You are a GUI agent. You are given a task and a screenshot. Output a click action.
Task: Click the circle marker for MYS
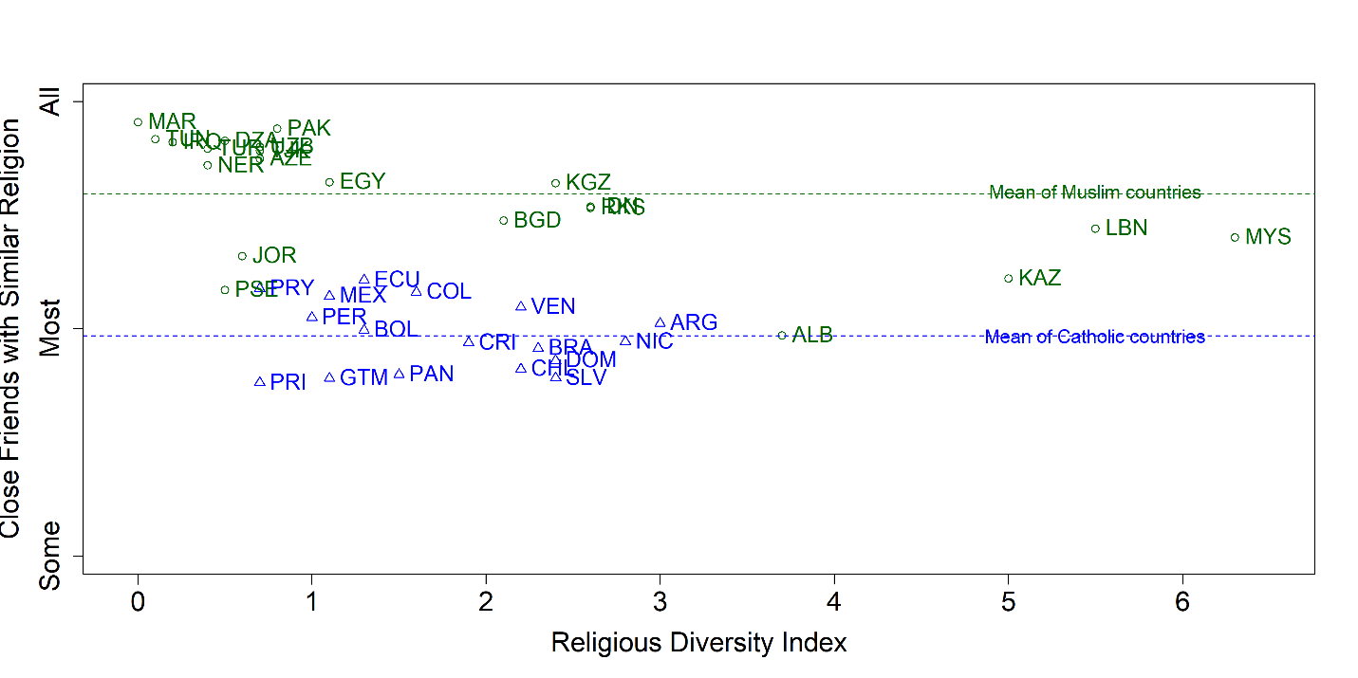[1235, 237]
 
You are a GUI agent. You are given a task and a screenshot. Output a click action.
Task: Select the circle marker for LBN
[1095, 229]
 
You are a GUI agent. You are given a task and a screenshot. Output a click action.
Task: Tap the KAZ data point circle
[1008, 279]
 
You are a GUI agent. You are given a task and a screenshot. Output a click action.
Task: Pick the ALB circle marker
[782, 335]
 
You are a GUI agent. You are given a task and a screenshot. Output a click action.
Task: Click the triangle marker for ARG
[660, 323]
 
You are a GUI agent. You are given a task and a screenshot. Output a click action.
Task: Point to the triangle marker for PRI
[260, 382]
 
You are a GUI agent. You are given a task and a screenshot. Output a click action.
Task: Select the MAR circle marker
[138, 122]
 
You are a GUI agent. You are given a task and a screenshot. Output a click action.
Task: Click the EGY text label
[363, 182]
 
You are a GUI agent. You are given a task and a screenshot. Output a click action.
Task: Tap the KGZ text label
[588, 183]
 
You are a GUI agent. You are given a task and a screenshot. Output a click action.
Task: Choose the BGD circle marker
[503, 221]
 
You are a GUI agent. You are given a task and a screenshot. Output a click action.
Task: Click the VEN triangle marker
[521, 306]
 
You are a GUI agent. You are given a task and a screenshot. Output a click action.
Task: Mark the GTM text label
[363, 378]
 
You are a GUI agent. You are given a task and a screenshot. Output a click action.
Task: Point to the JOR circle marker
[242, 256]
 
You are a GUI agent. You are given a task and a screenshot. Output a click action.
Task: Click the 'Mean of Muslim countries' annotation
[1094, 193]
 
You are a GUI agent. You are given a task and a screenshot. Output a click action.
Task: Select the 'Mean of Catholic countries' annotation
[1094, 338]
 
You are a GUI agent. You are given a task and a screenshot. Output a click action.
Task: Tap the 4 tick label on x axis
[834, 602]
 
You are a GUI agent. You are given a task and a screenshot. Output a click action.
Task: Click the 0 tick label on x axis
[138, 602]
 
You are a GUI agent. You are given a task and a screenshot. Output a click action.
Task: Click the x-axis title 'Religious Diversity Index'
[698, 644]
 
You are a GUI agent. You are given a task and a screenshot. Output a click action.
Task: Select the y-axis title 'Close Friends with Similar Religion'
[11, 328]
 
